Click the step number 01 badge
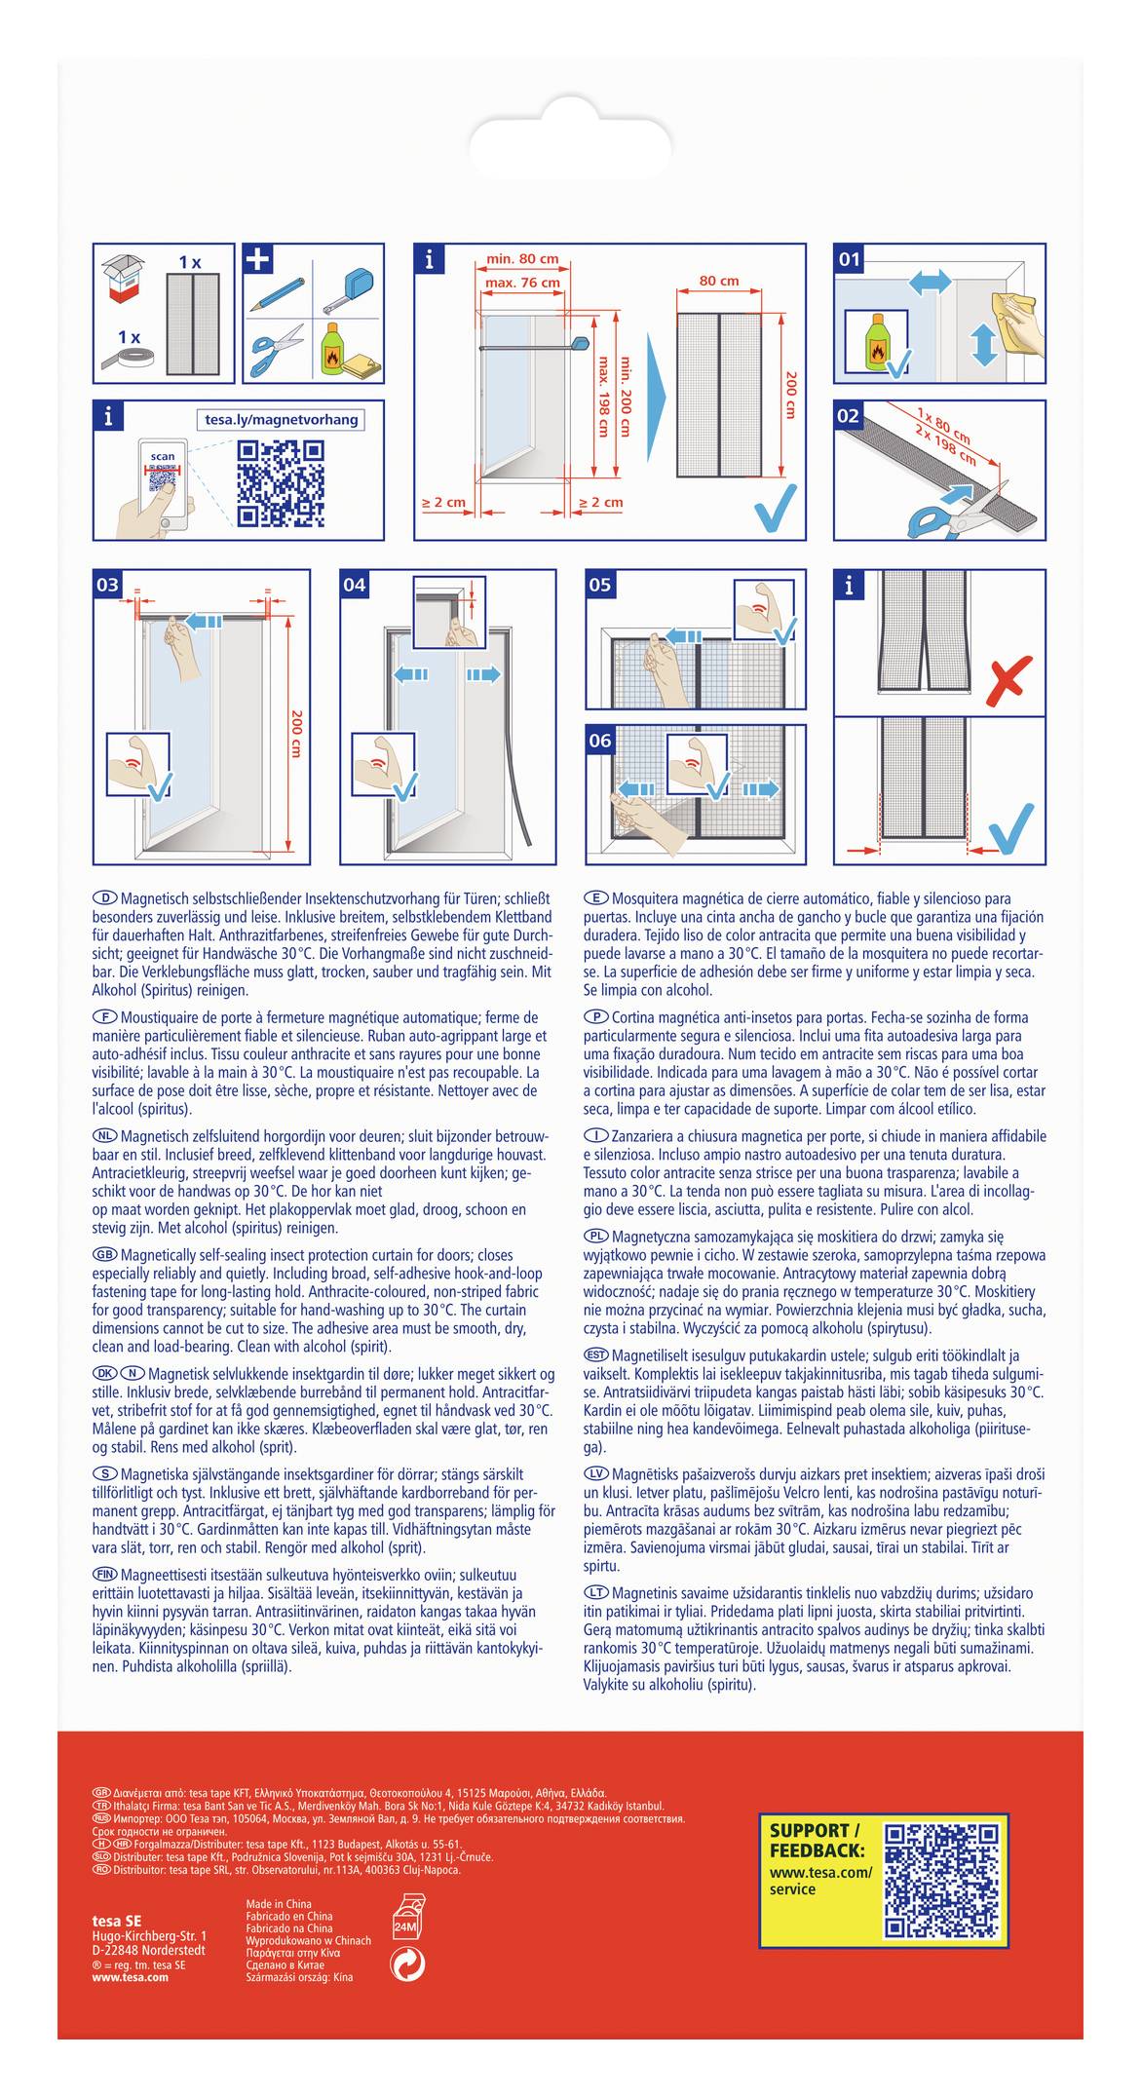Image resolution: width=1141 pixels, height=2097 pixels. point(850,259)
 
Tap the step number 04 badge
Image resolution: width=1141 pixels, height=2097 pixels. point(355,585)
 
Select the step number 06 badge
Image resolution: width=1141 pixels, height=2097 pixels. point(600,741)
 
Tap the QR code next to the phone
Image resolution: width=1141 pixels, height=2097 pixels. point(281,483)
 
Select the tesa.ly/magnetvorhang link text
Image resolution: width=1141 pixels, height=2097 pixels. point(282,420)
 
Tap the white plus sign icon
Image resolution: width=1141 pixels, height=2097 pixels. point(258,259)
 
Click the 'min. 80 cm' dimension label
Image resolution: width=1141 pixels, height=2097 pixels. point(522,259)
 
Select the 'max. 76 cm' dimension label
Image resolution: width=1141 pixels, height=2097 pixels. point(522,283)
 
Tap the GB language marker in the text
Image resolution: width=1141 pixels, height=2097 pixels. point(105,1255)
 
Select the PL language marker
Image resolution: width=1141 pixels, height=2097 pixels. point(596,1237)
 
